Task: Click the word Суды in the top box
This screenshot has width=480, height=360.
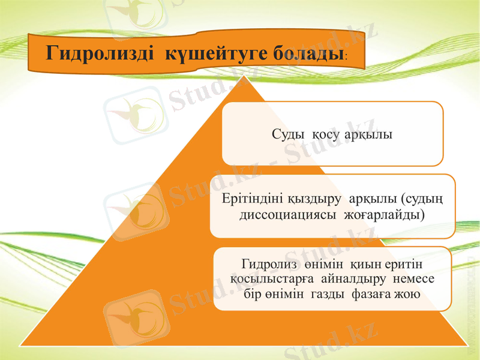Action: tap(289, 134)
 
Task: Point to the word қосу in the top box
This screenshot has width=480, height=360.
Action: tap(327, 134)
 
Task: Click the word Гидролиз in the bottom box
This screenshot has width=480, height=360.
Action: tap(265, 264)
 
